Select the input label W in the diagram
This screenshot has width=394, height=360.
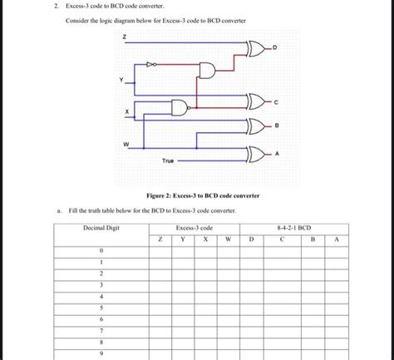126,142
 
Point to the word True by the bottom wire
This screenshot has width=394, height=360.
167,160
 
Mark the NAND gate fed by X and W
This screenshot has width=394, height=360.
180,106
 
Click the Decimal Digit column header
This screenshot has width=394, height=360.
100,227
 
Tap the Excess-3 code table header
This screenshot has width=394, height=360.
194,227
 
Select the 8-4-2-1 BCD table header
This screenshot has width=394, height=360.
293,227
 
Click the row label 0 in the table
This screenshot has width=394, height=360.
100,249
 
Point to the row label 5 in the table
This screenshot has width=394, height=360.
100,306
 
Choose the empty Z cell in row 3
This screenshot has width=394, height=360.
161,284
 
